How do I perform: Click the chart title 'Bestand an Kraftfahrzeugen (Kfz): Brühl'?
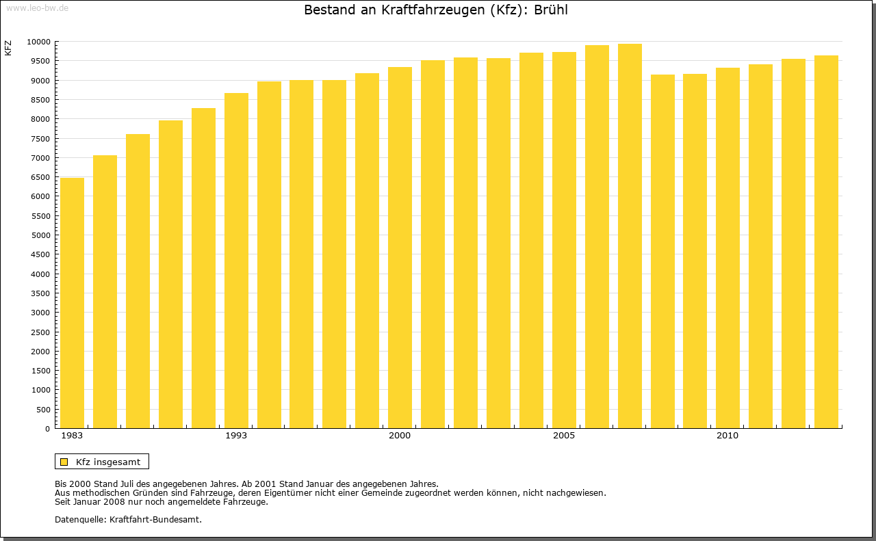coord(436,10)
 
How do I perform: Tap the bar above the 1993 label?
coord(236,261)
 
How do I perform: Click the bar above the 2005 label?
coord(564,240)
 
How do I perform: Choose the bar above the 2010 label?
coord(727,248)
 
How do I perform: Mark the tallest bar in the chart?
coord(630,236)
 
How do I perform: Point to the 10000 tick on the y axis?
coord(38,42)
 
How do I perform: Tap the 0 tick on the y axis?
coord(47,429)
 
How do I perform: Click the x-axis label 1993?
coord(236,436)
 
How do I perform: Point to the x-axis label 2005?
coord(564,436)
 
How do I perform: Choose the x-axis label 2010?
coord(727,436)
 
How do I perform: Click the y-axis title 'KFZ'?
coord(8,49)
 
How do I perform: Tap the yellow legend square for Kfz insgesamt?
coord(64,462)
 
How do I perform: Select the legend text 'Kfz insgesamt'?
coord(108,462)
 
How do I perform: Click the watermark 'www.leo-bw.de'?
coord(36,7)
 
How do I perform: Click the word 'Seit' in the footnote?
coord(64,501)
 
